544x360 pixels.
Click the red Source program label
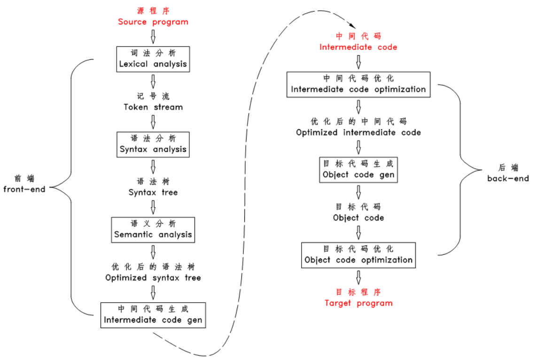(153, 17)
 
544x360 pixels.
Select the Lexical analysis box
(153, 59)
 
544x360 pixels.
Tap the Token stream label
(153, 102)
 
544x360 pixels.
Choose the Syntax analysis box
(153, 144)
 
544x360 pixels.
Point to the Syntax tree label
(153, 187)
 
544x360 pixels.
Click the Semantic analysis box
(153, 229)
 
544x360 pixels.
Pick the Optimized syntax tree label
(153, 273)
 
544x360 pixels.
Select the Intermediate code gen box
(153, 315)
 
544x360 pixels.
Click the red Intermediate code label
(358, 42)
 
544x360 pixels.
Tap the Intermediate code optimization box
(358, 84)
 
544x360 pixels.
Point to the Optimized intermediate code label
(358, 127)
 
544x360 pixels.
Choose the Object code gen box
(358, 170)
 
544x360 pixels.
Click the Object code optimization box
(358, 255)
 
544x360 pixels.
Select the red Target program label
(358, 298)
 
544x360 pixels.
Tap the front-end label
(24, 184)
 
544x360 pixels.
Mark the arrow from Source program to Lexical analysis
(153, 37)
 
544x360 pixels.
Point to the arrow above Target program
(358, 277)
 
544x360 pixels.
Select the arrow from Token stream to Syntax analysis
(153, 122)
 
